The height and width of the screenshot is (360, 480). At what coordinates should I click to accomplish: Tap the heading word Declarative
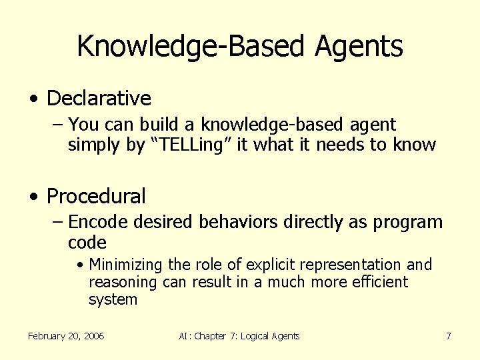(99, 99)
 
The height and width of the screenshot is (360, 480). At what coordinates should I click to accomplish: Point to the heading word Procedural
(96, 197)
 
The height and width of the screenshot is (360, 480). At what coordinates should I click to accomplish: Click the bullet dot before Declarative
(33, 99)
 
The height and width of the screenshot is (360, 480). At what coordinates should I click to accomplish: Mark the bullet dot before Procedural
(33, 197)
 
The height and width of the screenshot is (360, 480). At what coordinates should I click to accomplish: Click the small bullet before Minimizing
(80, 265)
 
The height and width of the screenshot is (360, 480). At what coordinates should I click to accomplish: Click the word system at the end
(113, 299)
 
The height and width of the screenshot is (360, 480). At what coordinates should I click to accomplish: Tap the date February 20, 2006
(66, 336)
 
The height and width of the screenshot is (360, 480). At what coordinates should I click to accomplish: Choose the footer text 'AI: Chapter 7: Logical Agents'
(239, 336)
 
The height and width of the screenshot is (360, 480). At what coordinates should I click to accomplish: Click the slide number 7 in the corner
(449, 336)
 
